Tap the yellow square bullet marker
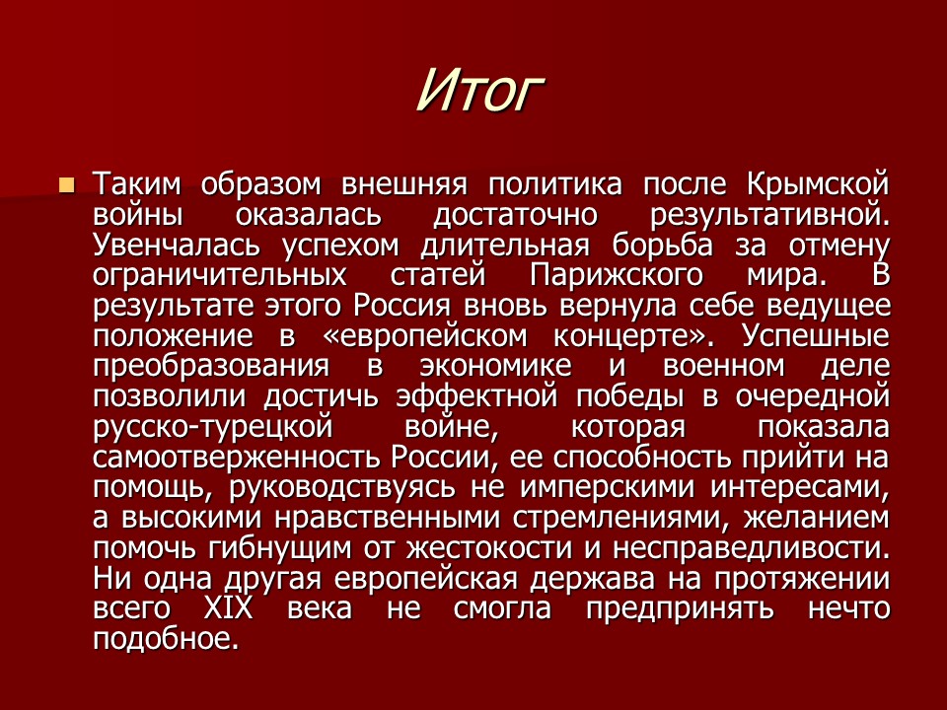pos(66,184)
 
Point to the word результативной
pos(771,213)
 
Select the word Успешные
pos(815,335)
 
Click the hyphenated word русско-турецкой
pos(209,427)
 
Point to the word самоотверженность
pos(242,458)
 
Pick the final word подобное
pos(167,639)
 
